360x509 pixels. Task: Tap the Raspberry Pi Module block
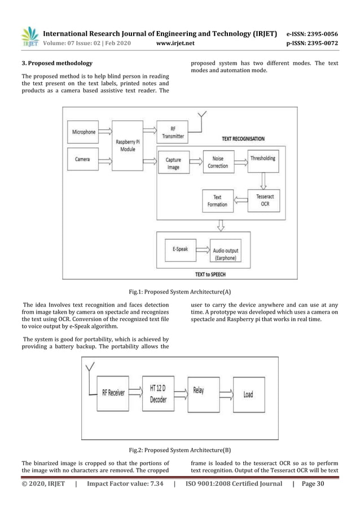[x=127, y=146]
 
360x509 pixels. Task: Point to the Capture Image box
[x=173, y=163]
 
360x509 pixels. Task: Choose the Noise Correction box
[x=218, y=163]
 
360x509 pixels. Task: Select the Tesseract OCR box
[x=263, y=200]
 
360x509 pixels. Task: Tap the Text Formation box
[x=217, y=201]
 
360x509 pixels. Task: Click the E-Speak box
[x=180, y=249]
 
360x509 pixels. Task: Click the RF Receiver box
[x=113, y=393]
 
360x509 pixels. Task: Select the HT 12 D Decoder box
[x=159, y=393]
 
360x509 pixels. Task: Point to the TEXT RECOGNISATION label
[x=243, y=138]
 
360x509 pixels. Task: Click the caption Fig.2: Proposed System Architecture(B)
[x=179, y=450]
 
